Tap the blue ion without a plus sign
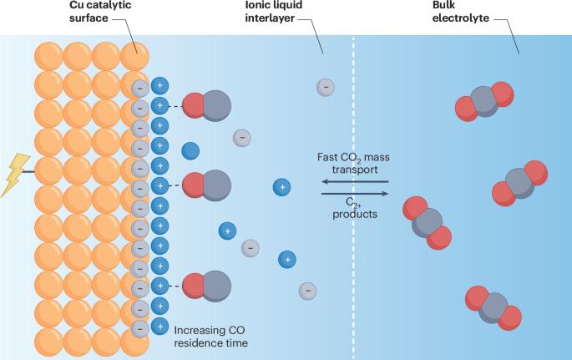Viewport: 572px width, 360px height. pos(190,150)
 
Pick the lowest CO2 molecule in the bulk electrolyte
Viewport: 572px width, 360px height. pos(494,307)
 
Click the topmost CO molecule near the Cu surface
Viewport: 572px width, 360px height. pos(206,106)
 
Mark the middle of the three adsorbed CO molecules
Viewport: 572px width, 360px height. pos(206,184)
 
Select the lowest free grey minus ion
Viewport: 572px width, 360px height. pos(307,290)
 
